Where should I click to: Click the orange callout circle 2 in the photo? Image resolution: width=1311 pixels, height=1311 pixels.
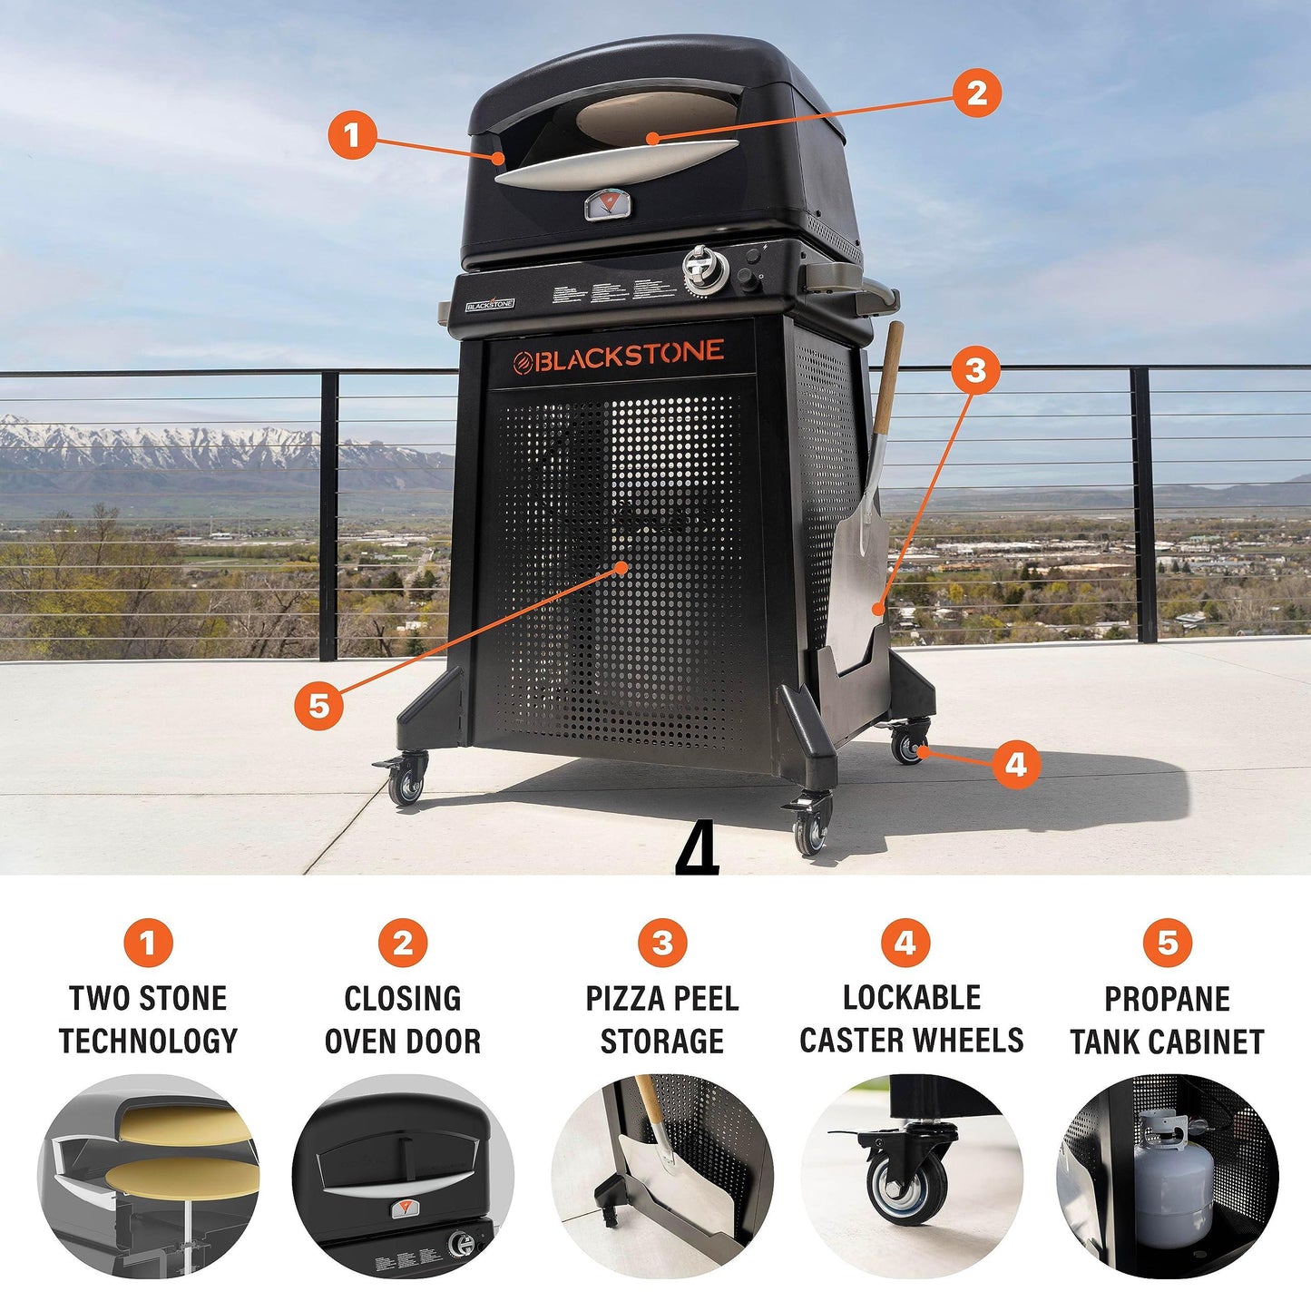pos(976,93)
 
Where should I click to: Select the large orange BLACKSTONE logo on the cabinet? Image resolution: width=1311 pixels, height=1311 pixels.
pos(619,356)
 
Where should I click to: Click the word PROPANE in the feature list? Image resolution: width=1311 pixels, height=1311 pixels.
pos(1167,999)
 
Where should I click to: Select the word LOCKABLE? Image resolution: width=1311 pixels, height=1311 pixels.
pos(912,998)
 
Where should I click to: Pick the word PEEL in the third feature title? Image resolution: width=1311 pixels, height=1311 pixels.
pos(702,999)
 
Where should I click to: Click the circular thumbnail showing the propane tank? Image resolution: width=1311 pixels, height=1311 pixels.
pos(1167,1177)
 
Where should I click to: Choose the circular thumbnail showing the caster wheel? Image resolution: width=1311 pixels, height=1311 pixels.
pos(911,1177)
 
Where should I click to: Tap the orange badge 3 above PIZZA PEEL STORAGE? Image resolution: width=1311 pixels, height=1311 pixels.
pos(662,943)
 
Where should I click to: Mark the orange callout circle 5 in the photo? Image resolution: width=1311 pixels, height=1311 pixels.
pos(319,705)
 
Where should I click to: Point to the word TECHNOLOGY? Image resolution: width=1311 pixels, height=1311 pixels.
pos(148,1041)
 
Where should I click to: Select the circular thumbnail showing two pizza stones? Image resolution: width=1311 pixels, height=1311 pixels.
pos(148,1177)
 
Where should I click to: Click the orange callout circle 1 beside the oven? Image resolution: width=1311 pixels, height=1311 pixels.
pos(352,135)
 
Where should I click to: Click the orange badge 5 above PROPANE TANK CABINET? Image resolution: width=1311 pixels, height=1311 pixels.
pos(1167,943)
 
